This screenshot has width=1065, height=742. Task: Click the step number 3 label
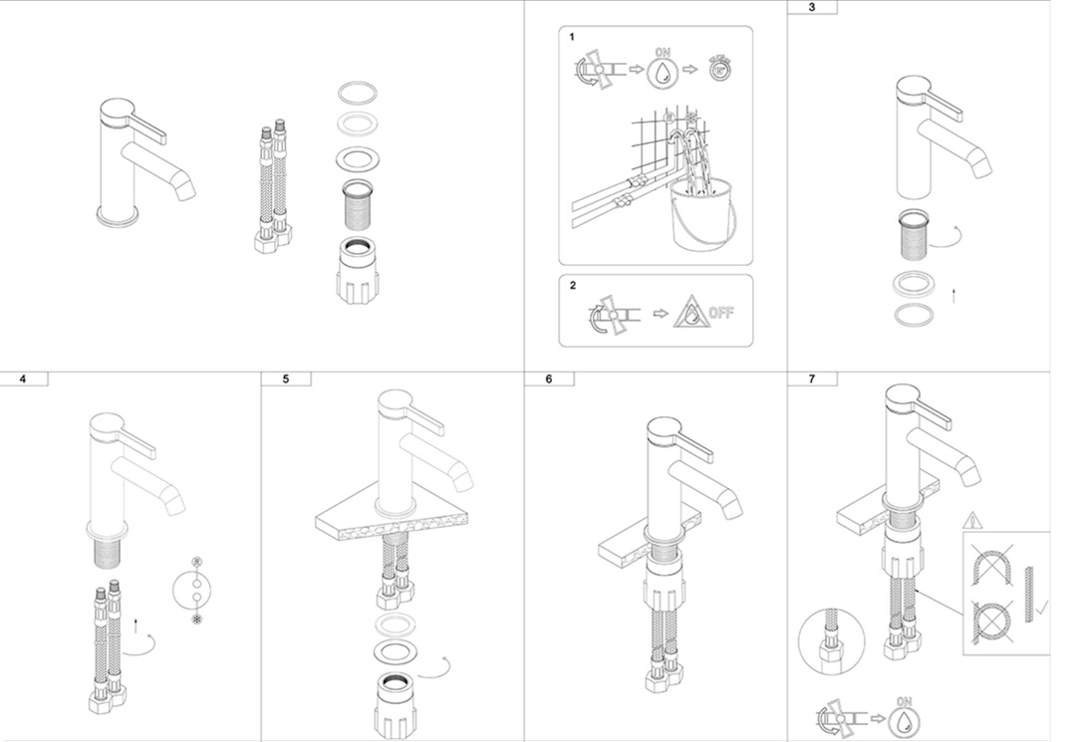point(811,7)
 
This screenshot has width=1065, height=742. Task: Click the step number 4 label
point(23,378)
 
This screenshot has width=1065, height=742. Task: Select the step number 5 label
point(285,378)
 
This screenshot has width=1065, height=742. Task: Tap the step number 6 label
point(548,378)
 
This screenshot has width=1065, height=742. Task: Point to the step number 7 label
point(811,378)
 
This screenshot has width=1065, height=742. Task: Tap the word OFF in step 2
point(721,313)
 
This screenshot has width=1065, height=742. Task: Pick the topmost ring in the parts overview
point(358,95)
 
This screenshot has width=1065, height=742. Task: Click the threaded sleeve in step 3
point(915,234)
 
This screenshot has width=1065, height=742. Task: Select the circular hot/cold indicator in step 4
point(194,595)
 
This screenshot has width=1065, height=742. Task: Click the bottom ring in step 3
point(914,316)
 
